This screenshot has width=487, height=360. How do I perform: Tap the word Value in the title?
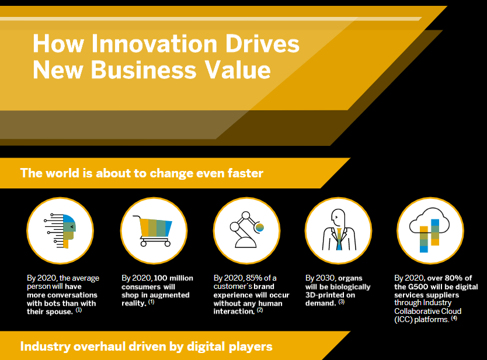[241, 70]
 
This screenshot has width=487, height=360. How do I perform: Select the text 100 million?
[173, 278]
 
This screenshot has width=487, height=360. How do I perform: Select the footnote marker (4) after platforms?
[454, 318]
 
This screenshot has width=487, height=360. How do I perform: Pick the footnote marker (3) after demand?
[342, 302]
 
